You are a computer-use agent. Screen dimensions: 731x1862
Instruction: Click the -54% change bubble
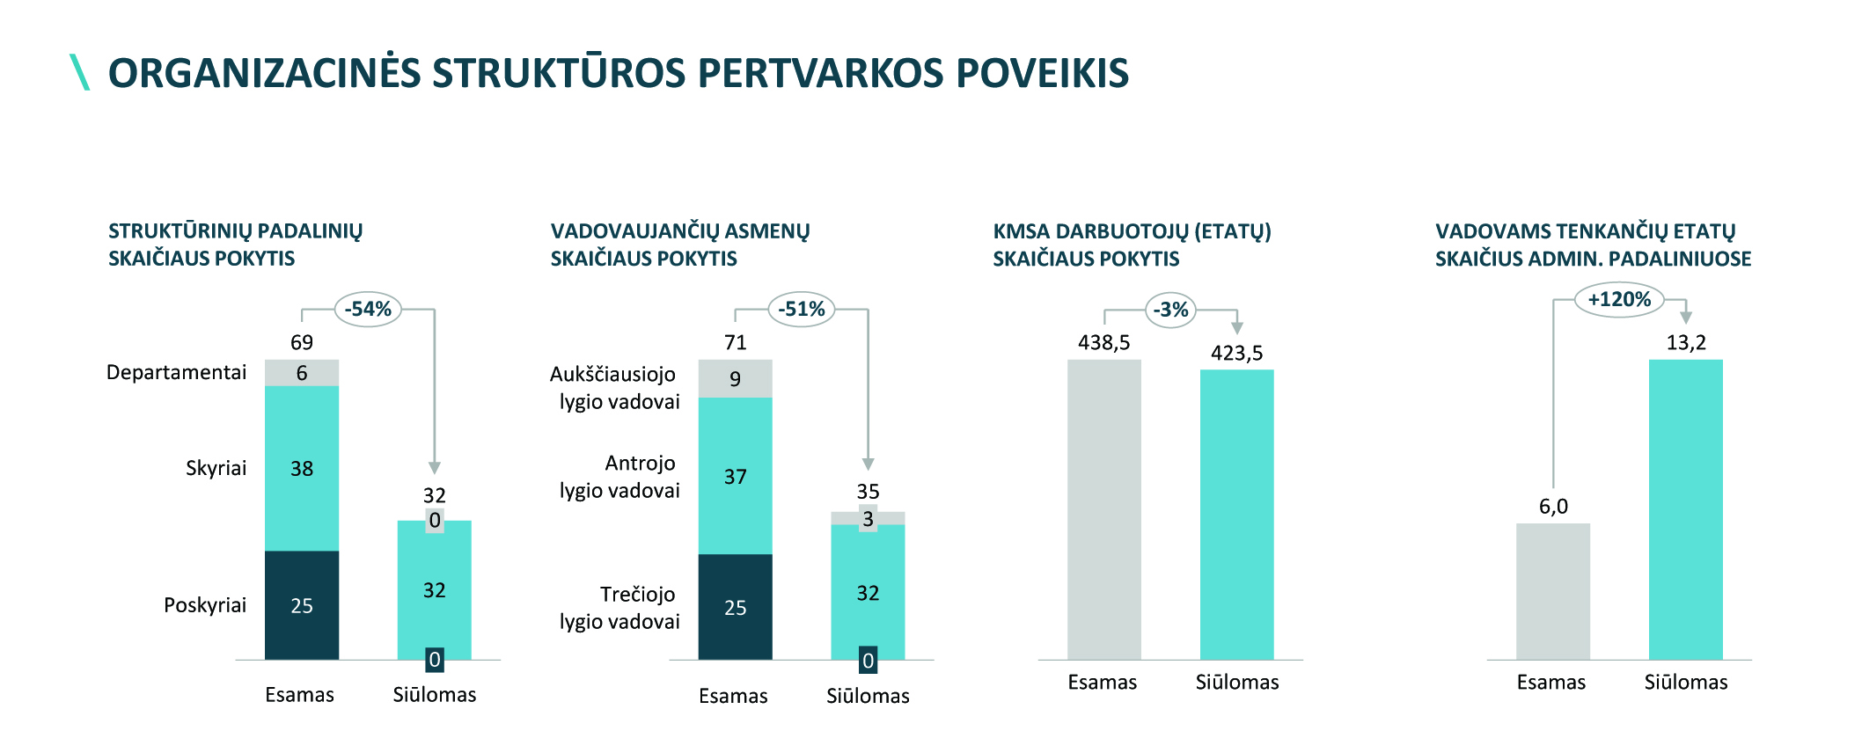click(368, 309)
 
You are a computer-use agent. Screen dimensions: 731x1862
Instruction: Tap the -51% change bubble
click(801, 309)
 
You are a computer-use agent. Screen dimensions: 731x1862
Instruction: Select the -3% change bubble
click(1170, 310)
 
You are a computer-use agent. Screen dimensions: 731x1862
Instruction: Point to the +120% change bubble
click(1619, 299)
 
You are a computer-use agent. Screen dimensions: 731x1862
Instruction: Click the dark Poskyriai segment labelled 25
click(302, 605)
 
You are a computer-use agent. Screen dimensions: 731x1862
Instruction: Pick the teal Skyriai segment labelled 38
click(302, 468)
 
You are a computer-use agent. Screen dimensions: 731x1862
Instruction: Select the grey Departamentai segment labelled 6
click(302, 373)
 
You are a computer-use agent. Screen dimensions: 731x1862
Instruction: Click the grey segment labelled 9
click(736, 378)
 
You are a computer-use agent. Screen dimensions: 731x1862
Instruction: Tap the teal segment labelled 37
click(736, 476)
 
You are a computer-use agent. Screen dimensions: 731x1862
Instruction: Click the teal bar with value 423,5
click(1236, 514)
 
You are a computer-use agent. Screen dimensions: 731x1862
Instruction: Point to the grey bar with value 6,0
click(1552, 591)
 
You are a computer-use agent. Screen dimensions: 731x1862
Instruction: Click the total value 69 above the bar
click(302, 342)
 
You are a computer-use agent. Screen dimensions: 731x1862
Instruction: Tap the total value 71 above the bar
click(736, 342)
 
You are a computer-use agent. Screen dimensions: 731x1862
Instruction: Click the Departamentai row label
click(176, 372)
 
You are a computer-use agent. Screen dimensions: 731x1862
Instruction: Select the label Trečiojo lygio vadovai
click(619, 608)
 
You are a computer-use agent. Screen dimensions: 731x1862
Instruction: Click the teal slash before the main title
click(80, 72)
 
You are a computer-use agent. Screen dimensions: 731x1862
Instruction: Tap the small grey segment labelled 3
click(868, 519)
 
